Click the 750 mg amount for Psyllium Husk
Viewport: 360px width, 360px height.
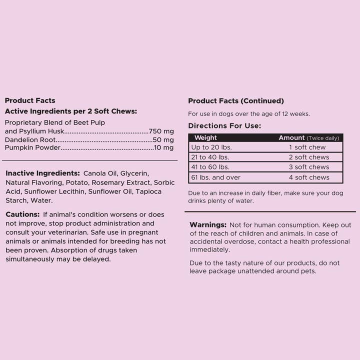tap(161, 131)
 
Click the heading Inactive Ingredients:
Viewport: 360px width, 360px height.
tap(42, 173)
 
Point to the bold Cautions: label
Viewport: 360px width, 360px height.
tap(22, 214)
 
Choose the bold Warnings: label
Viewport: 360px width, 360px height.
tap(208, 225)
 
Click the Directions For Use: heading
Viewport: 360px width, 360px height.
tap(224, 126)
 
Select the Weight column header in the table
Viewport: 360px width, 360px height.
tap(205, 137)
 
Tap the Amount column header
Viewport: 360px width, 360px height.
tap(291, 137)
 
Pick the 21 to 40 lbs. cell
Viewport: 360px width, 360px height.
tap(211, 157)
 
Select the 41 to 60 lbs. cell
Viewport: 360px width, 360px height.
tap(211, 167)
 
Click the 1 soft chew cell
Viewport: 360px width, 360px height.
tap(307, 147)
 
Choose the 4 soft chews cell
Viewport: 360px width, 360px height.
tap(309, 177)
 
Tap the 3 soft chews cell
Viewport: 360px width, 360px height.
tap(309, 167)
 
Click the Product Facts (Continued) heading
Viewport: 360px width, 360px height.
tap(236, 101)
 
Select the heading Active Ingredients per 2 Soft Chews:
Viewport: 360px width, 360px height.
tap(70, 111)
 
